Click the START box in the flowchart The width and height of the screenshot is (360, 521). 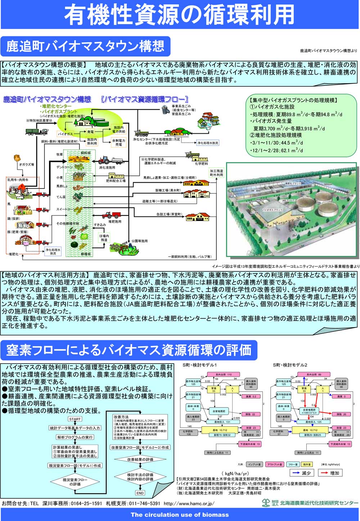click(75, 419)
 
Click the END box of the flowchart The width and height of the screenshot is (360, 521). click(140, 493)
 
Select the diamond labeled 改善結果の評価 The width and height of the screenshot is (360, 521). click(140, 460)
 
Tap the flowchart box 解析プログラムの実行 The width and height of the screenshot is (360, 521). click(75, 437)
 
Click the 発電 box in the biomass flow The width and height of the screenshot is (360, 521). click(90, 132)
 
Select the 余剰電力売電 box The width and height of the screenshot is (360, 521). click(119, 142)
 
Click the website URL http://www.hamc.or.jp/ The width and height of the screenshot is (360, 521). click(189, 503)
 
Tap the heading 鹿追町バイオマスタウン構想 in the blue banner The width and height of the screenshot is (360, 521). click(85, 46)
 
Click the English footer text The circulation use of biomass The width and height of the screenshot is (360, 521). click(180, 515)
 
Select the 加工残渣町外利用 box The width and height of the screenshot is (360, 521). click(216, 173)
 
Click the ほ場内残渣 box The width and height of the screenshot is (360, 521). click(104, 238)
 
